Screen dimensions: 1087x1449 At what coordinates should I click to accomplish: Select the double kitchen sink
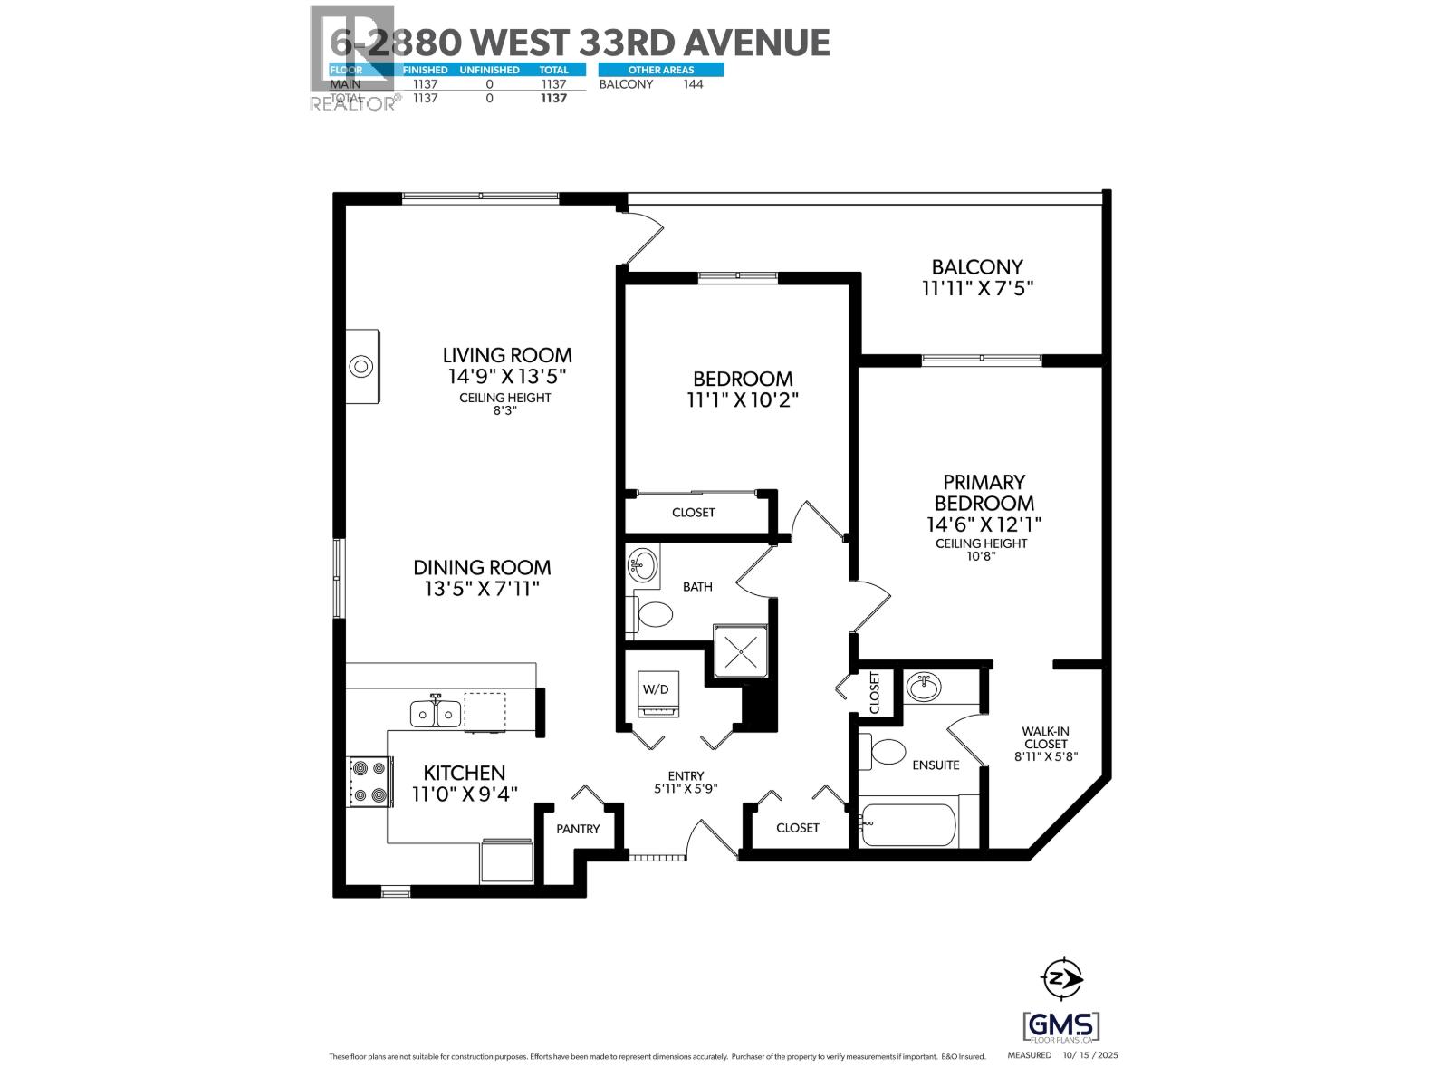coord(436,714)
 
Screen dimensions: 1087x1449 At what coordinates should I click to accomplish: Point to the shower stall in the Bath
coord(741,650)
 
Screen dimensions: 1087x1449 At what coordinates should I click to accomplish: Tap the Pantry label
coord(578,829)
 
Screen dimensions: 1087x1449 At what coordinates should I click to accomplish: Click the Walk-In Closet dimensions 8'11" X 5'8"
coord(1046,756)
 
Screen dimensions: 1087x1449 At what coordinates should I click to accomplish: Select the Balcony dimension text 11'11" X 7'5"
coord(977,289)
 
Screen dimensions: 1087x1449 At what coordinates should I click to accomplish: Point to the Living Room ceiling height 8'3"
coord(504,409)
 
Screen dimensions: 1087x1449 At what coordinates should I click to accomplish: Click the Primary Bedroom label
coord(984,492)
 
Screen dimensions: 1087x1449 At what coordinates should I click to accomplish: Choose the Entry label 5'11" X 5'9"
coord(686,788)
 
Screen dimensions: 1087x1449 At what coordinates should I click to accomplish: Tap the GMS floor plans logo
coord(1060,1026)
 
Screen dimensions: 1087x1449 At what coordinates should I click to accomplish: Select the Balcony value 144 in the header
coord(693,84)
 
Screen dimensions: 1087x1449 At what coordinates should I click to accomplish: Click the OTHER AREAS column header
coord(660,70)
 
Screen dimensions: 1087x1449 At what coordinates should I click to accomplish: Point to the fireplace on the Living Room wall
coord(363,367)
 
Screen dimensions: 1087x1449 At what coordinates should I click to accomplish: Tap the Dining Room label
coord(482,568)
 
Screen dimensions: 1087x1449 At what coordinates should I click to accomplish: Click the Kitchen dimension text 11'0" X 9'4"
coord(465,795)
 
